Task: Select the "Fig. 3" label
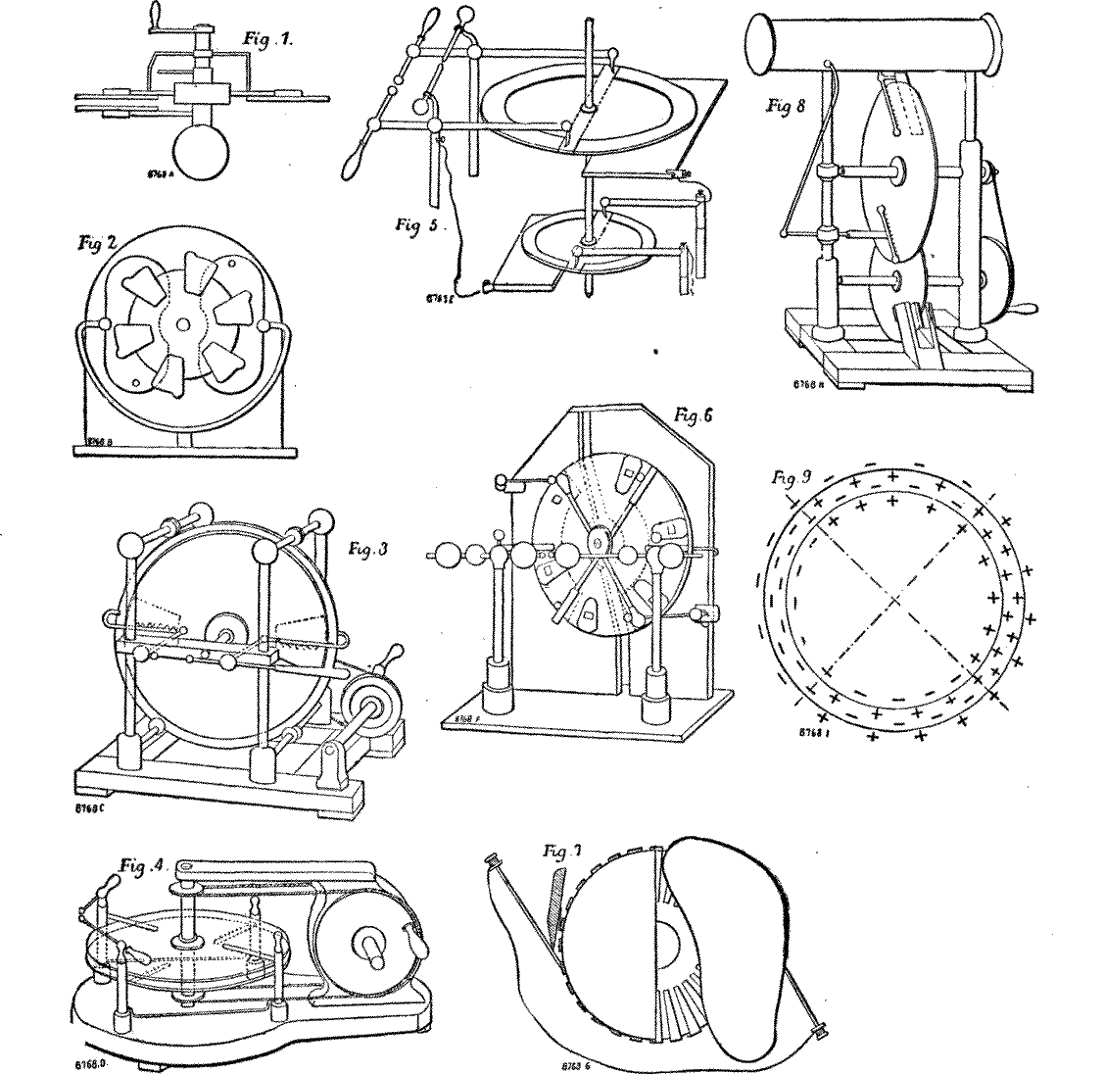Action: point(369,550)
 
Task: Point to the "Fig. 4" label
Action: point(144,865)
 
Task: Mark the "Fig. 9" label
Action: point(790,479)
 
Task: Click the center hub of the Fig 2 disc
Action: point(182,324)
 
